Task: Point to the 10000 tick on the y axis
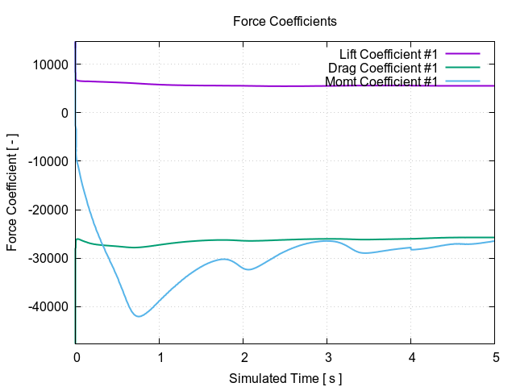click(51, 64)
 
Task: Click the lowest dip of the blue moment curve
click(139, 316)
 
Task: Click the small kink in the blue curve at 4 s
click(411, 249)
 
